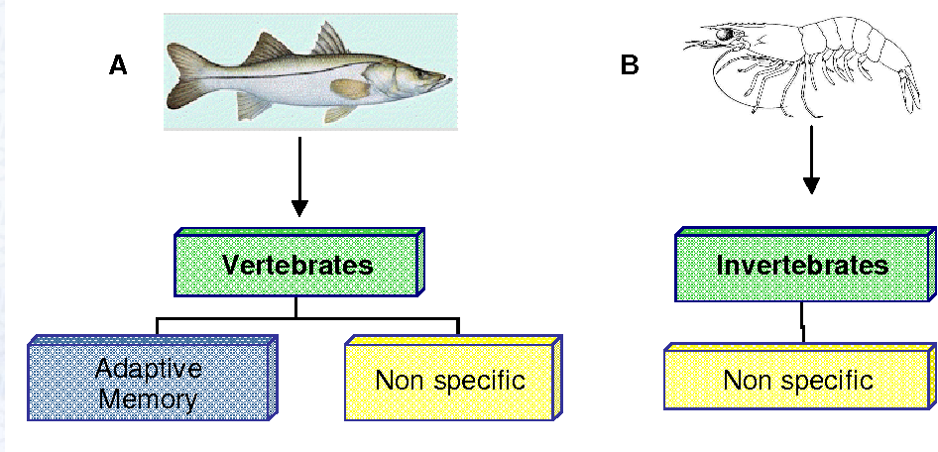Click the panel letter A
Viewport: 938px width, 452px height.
point(118,66)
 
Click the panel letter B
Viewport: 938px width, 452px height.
point(630,66)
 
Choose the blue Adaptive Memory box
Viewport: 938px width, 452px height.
point(149,385)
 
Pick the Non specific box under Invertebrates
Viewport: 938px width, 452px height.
point(797,381)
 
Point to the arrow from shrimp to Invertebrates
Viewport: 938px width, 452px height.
point(812,159)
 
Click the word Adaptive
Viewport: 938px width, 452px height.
point(149,371)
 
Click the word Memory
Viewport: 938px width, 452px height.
point(149,399)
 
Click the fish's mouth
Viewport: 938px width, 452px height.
point(448,81)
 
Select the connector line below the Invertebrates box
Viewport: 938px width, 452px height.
point(803,321)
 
